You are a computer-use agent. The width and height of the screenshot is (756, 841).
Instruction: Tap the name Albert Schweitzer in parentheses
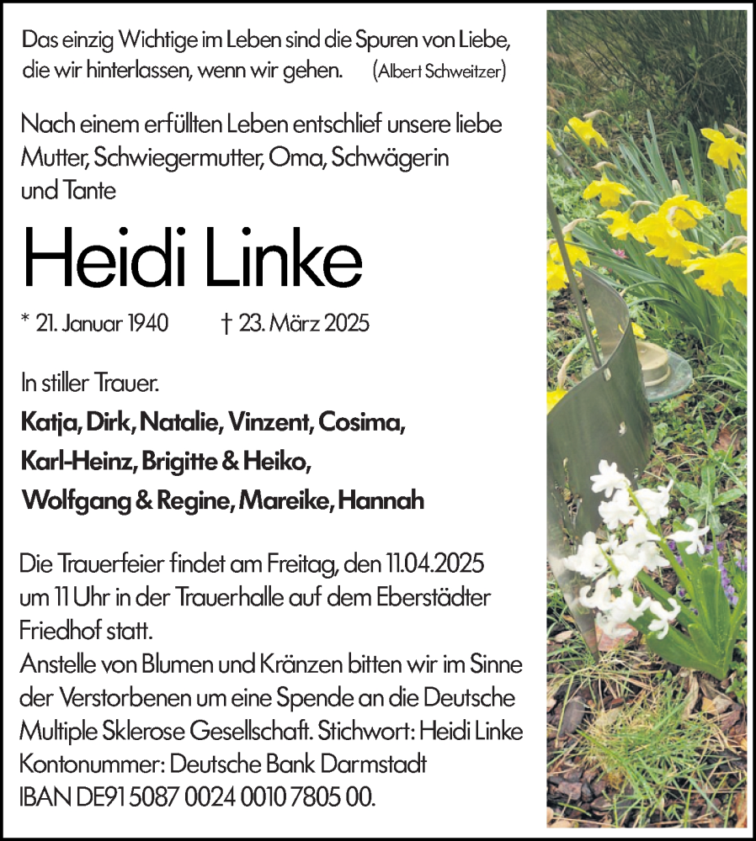[439, 71]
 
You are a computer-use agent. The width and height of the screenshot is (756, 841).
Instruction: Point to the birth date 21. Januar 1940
[104, 324]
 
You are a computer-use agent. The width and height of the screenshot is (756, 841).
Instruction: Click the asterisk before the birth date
[26, 321]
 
